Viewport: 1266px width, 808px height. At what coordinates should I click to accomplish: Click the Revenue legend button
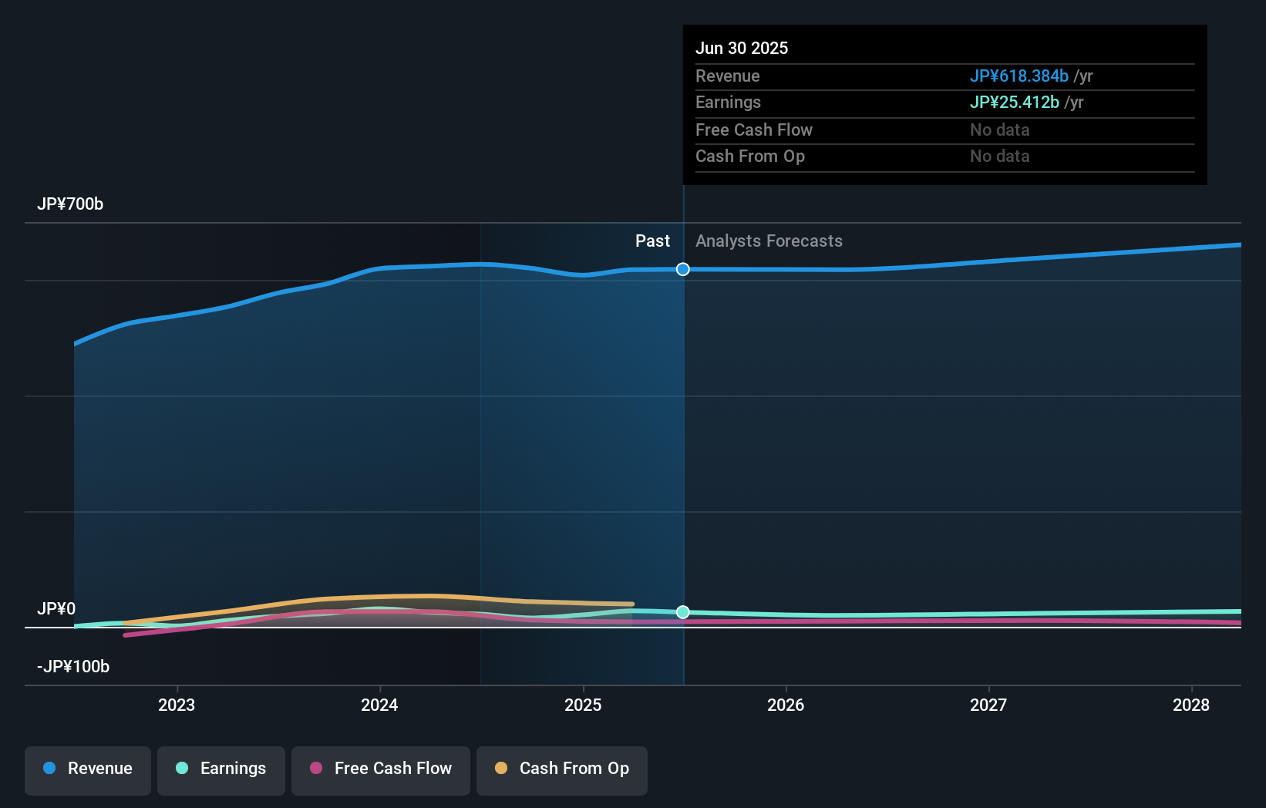[88, 769]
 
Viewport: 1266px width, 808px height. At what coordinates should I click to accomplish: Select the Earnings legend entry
[221, 769]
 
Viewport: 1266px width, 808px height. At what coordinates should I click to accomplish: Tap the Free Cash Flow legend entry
[381, 769]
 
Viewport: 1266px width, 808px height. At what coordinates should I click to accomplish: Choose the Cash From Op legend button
[562, 769]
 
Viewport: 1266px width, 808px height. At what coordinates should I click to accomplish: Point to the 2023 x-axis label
[177, 705]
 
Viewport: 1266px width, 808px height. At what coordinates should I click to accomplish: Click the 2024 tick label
[379, 705]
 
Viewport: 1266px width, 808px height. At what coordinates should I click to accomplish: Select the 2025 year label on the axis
[583, 705]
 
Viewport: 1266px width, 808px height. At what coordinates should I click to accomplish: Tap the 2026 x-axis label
[786, 705]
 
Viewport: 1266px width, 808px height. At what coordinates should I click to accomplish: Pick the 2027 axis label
[988, 705]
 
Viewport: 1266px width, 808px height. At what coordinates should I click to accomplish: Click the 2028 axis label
[1191, 705]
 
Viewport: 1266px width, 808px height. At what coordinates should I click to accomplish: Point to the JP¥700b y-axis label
[70, 204]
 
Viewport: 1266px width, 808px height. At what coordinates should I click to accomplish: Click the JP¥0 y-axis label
[56, 609]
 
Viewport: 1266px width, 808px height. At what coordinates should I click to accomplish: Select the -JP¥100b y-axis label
[73, 667]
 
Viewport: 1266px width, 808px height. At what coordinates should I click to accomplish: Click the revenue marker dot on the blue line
[683, 269]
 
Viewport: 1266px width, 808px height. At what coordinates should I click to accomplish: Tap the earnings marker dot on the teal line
[683, 612]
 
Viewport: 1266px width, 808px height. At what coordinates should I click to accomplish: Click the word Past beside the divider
[652, 241]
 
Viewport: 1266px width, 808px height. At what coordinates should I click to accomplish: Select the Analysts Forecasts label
[769, 241]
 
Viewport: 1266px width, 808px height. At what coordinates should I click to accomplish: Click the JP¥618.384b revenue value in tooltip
[1019, 76]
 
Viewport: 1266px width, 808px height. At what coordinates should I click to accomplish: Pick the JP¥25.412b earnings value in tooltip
[1014, 103]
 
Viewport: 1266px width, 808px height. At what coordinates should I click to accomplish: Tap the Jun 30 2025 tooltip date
[742, 49]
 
